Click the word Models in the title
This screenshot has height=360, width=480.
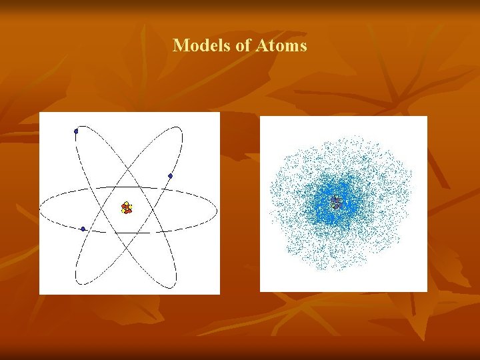pyautogui.click(x=198, y=45)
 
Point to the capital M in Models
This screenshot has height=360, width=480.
pyautogui.click(x=180, y=45)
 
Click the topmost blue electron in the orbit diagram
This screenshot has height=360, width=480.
pyautogui.click(x=76, y=131)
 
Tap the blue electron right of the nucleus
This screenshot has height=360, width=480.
pyautogui.click(x=170, y=176)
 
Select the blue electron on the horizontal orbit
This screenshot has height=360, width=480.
pyautogui.click(x=83, y=229)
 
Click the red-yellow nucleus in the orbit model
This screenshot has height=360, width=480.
pyautogui.click(x=126, y=209)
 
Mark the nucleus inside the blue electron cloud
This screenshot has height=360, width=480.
pyautogui.click(x=336, y=202)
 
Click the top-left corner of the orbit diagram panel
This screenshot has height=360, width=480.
pyautogui.click(x=40, y=113)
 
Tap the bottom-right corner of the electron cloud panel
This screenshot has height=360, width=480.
pyautogui.click(x=426, y=291)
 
